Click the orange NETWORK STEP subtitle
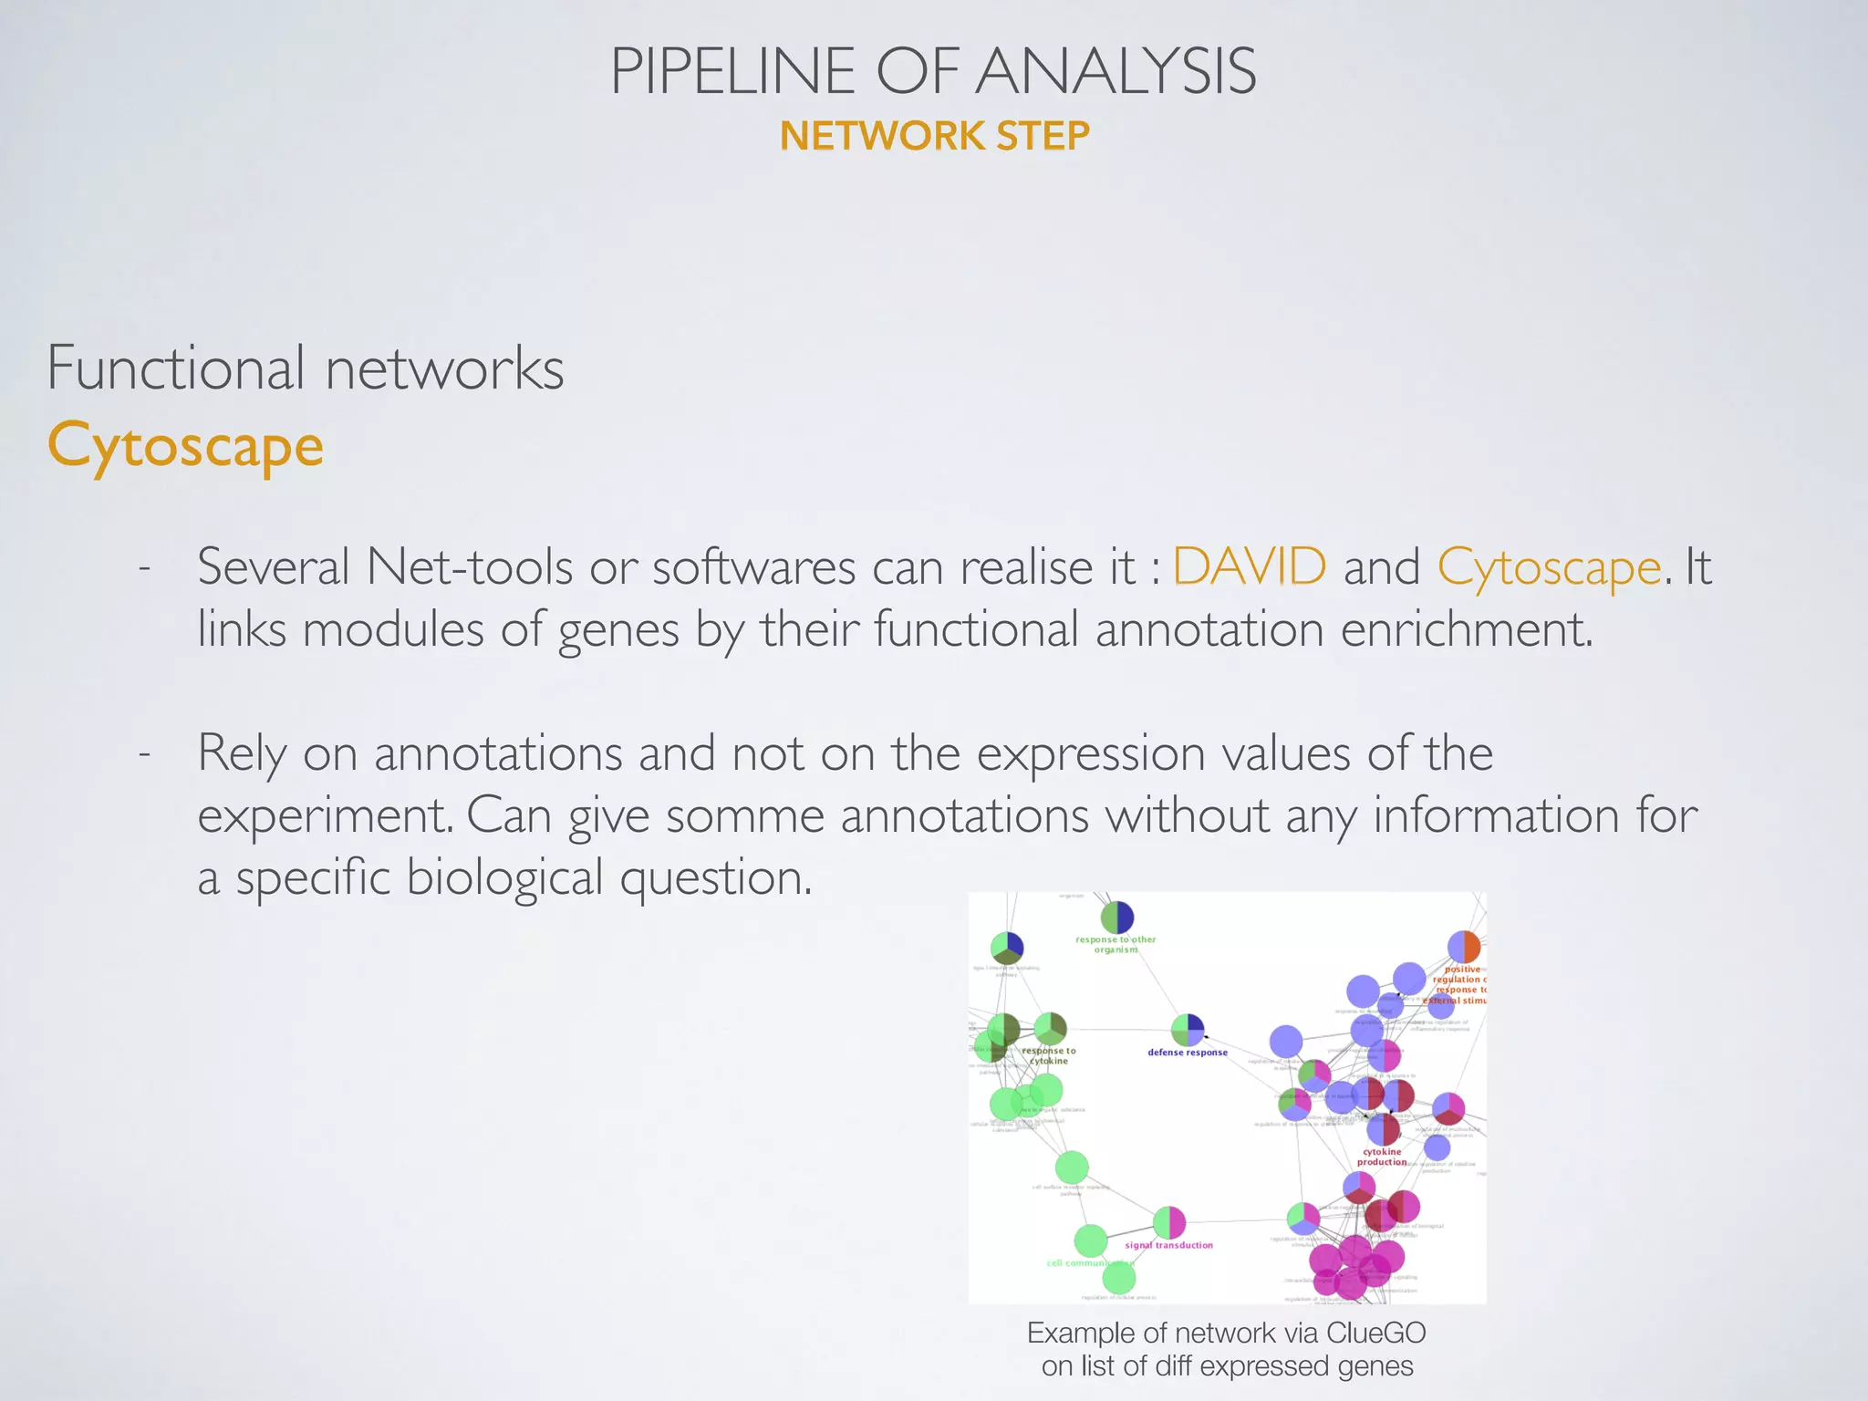[x=934, y=137]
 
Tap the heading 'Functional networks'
[x=306, y=368]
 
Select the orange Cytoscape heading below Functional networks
[x=185, y=446]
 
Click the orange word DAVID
[x=1249, y=566]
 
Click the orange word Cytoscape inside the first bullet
[x=1549, y=567]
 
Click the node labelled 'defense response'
[x=1188, y=1030]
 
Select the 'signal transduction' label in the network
[x=1168, y=1245]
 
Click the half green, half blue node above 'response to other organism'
[x=1116, y=918]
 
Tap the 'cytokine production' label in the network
[x=1382, y=1157]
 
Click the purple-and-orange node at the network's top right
[x=1464, y=948]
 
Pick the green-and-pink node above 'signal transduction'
[x=1169, y=1222]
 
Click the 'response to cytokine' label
[x=1049, y=1055]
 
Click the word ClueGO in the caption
[x=1375, y=1333]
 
